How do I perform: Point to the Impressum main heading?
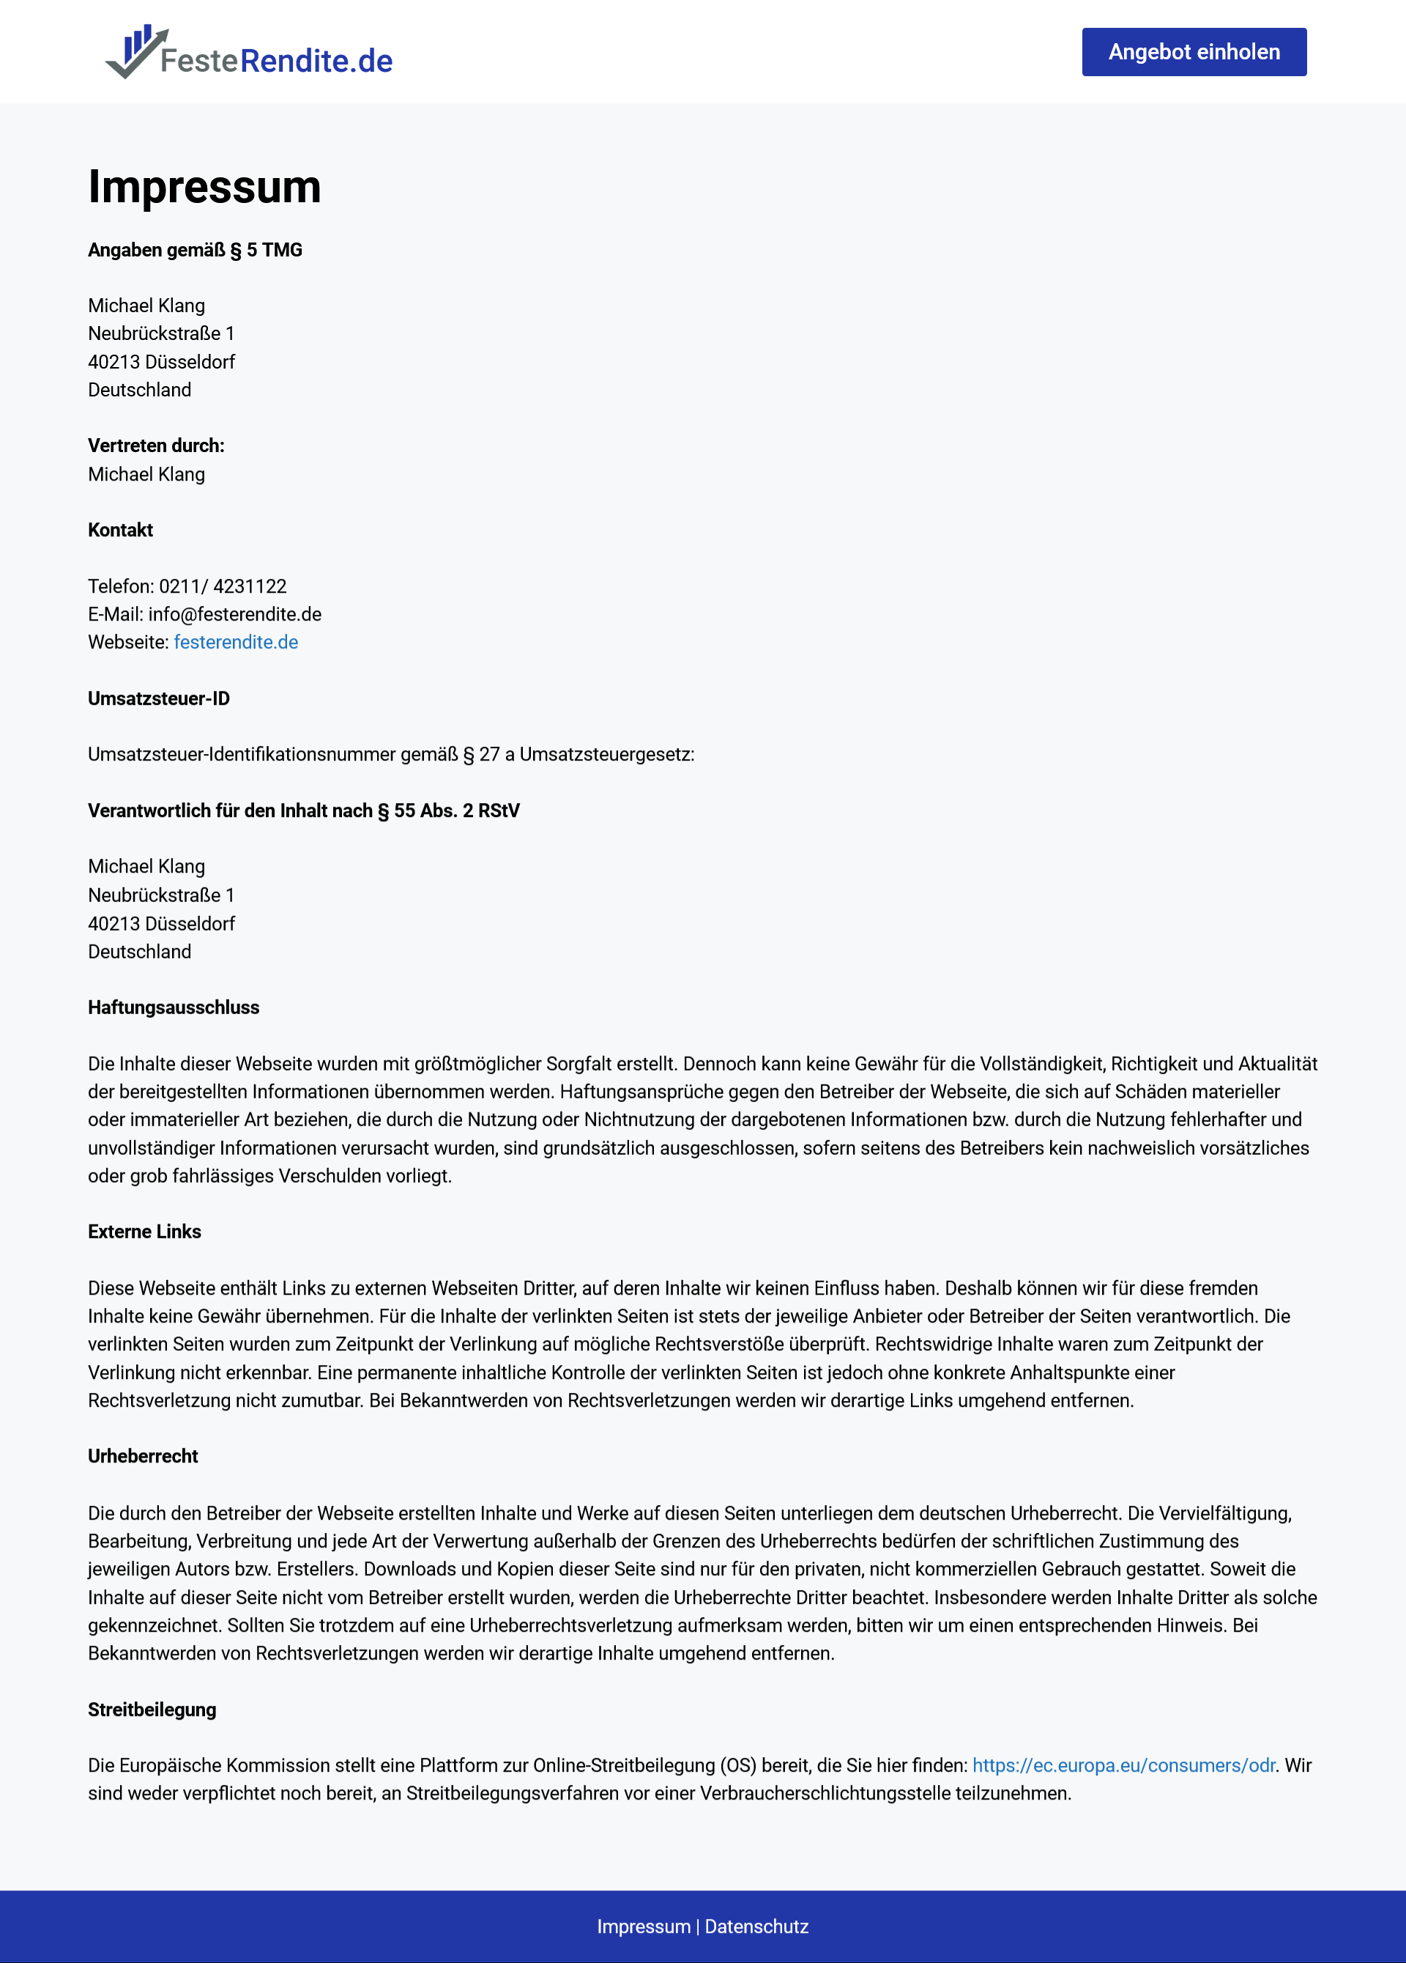click(204, 187)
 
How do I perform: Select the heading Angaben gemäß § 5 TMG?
click(195, 250)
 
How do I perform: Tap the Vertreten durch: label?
click(156, 446)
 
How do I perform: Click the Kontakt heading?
click(120, 530)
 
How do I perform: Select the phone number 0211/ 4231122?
click(223, 586)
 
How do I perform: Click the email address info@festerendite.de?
click(234, 615)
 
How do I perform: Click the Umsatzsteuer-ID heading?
click(158, 698)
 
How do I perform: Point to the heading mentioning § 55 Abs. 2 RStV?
click(304, 810)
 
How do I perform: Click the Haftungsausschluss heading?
click(173, 1008)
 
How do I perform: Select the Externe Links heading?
click(144, 1232)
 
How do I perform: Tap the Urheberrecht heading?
click(143, 1456)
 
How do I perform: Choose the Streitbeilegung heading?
click(152, 1709)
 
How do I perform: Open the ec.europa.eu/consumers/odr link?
click(1123, 1765)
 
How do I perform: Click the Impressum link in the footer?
click(643, 1926)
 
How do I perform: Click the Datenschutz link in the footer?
click(756, 1926)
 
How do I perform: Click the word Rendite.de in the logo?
click(316, 61)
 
